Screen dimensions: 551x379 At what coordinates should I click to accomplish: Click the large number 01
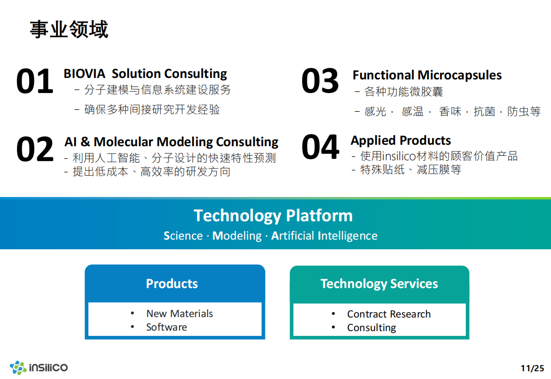tap(34, 81)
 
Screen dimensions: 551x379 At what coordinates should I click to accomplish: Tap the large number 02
tap(35, 149)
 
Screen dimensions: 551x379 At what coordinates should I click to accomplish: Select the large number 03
tap(320, 81)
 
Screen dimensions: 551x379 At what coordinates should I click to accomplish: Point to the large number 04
tap(321, 147)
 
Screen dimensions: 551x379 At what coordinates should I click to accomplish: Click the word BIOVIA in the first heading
tap(84, 74)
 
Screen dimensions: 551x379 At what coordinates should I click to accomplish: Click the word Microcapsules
tap(459, 75)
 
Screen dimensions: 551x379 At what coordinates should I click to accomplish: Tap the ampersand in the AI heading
tap(85, 141)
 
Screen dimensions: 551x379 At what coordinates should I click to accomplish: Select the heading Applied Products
tap(400, 140)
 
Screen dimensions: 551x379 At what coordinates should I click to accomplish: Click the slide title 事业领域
tap(69, 29)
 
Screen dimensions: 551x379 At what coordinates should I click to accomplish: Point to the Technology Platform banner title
tap(273, 216)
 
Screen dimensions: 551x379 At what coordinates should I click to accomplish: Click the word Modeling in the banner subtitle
tap(237, 236)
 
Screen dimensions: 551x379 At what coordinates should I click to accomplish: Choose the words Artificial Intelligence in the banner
tap(324, 236)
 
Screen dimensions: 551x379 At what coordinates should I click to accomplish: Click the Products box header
tap(172, 284)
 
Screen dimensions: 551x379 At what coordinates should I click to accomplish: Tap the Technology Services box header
tap(380, 284)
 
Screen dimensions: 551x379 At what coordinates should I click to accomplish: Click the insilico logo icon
tap(18, 367)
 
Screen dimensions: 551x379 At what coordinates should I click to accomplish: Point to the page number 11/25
tap(533, 368)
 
